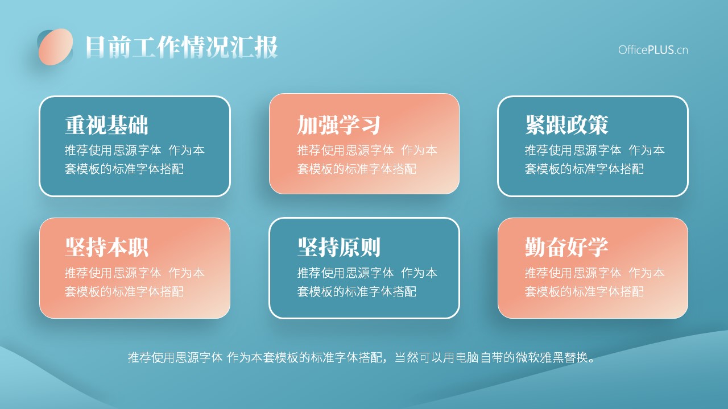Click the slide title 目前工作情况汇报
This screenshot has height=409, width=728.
[181, 47]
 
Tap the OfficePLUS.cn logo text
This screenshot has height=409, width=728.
[653, 50]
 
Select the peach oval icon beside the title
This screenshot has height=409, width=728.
[56, 47]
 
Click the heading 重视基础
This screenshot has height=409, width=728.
[106, 125]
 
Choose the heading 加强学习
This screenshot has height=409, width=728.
[338, 125]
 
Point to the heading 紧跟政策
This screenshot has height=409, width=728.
[566, 125]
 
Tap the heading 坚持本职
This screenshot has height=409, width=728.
[106, 247]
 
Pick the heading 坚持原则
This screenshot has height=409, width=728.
[338, 247]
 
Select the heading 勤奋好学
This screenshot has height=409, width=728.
[566, 247]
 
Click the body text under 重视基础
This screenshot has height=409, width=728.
[135, 160]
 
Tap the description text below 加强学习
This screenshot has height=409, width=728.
[367, 160]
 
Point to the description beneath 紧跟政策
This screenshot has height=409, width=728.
[594, 160]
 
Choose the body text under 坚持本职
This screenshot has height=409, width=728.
[135, 282]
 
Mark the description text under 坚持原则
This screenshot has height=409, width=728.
[367, 282]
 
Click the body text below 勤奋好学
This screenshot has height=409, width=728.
[594, 282]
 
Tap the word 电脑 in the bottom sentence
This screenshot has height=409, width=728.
[468, 357]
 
